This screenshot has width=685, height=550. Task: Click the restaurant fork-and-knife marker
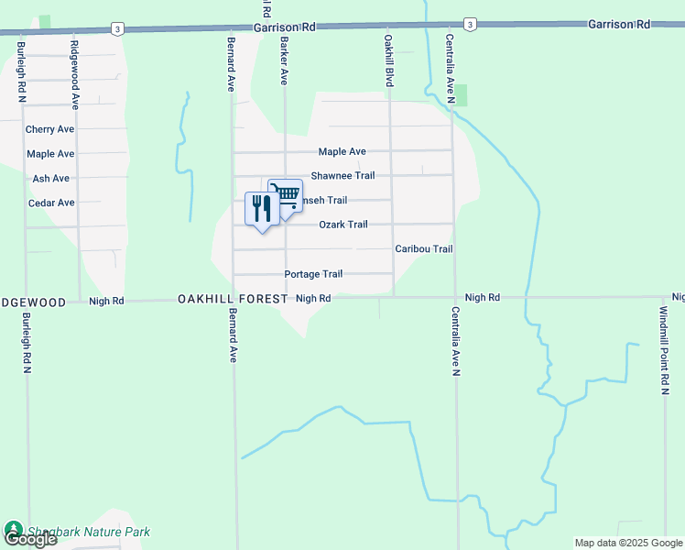click(262, 210)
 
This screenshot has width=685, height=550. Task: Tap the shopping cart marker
click(286, 196)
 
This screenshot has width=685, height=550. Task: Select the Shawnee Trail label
click(342, 176)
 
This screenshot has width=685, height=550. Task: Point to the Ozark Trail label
click(343, 225)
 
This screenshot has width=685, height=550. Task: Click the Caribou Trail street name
click(423, 249)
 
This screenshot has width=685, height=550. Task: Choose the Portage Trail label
click(313, 274)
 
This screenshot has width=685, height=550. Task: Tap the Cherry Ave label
click(50, 130)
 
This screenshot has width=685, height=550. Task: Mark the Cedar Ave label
click(51, 203)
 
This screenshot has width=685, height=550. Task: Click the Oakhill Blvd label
click(389, 61)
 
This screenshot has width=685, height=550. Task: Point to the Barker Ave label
click(285, 61)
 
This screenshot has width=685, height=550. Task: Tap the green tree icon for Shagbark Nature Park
click(14, 530)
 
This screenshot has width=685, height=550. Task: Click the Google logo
click(29, 540)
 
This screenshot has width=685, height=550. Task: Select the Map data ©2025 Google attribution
click(627, 543)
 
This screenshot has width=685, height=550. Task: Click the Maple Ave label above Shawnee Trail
click(342, 152)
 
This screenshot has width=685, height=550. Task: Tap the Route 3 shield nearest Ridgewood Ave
click(117, 28)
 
